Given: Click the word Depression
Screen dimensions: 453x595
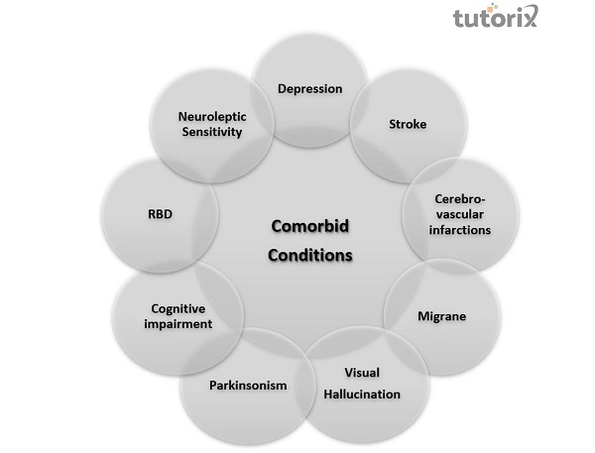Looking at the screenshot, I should coord(309,89).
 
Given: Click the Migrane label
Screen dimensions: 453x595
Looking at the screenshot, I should coord(441,316).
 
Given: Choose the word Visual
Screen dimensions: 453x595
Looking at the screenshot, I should coord(362,374).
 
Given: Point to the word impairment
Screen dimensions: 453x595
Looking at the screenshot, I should coord(178,324).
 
